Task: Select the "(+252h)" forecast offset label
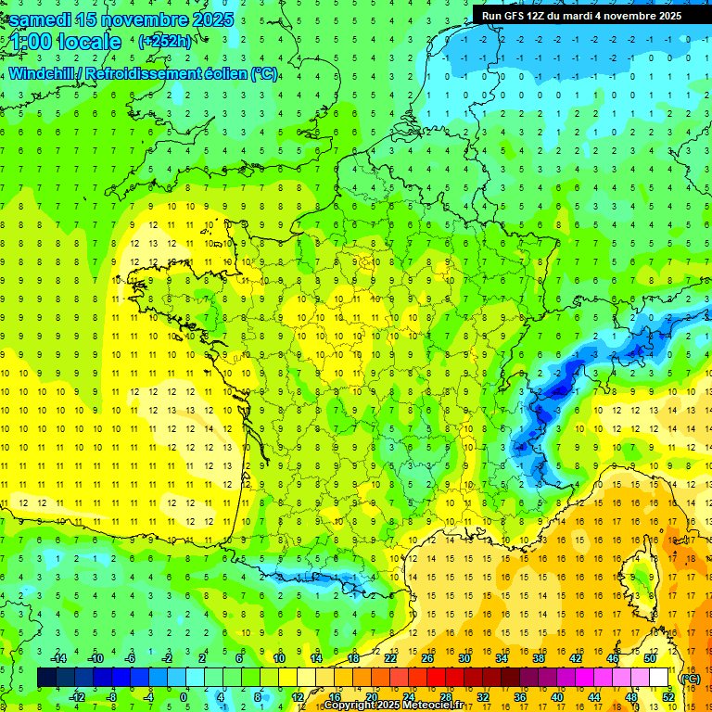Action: click(165, 42)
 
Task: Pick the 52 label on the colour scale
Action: click(667, 697)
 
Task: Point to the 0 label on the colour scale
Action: click(184, 697)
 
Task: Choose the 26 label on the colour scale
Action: click(427, 658)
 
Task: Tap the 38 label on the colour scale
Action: click(539, 658)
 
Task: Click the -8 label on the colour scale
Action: click(111, 697)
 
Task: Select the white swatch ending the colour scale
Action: click(659, 678)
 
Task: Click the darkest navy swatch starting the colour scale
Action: click(46, 678)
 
